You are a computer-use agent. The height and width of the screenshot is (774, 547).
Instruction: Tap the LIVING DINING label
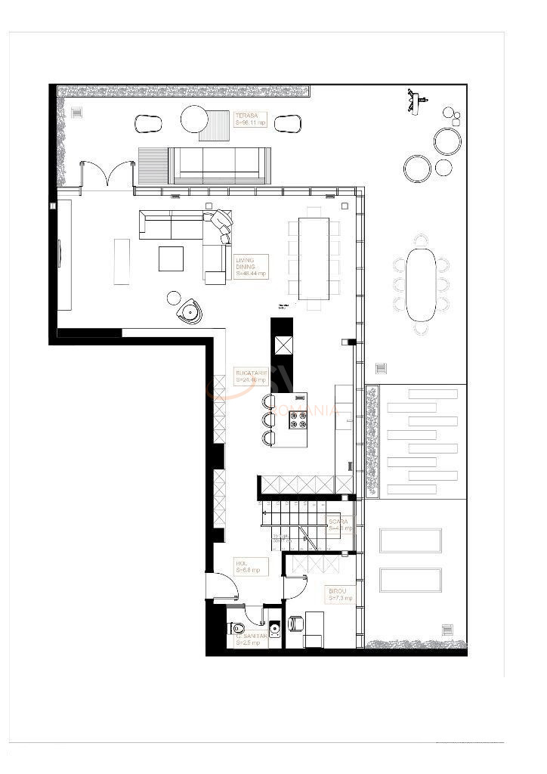(x=249, y=267)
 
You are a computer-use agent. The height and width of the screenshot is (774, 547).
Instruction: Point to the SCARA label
(x=340, y=525)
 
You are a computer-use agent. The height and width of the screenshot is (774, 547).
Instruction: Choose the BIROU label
(x=339, y=595)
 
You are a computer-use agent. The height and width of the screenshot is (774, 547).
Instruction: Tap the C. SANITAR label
(x=249, y=639)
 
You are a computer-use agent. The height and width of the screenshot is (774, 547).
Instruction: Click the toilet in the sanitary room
(x=239, y=627)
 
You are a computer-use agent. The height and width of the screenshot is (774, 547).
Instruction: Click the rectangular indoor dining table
(x=314, y=259)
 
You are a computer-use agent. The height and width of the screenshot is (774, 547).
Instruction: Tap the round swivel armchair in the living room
(x=188, y=311)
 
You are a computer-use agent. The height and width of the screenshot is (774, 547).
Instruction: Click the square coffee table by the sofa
(x=171, y=259)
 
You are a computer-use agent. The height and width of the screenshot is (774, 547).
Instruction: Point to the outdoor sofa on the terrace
(x=218, y=164)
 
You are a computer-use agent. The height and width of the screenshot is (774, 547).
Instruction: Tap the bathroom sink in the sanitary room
(x=275, y=628)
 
